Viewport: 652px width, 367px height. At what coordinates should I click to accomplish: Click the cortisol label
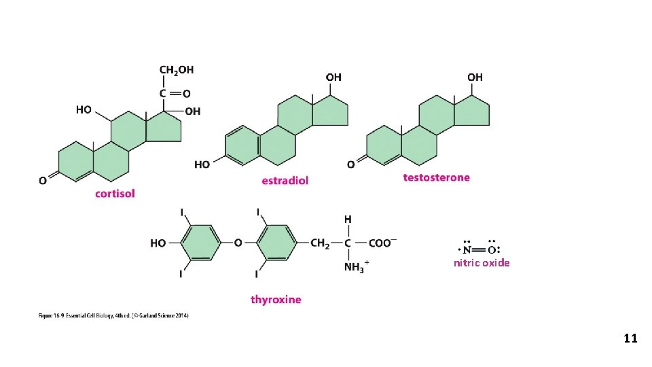tap(115, 193)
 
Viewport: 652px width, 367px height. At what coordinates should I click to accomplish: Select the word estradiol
tap(285, 180)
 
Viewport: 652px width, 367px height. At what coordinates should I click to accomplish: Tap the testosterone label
tap(436, 177)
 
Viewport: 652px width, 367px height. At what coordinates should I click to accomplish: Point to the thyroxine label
tap(276, 299)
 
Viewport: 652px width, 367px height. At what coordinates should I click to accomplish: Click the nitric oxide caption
tap(482, 263)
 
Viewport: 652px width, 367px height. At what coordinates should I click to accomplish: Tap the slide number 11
tap(630, 338)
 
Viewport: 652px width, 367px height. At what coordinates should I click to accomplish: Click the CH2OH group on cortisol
tap(176, 69)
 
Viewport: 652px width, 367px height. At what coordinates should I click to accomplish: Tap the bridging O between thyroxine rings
tap(238, 243)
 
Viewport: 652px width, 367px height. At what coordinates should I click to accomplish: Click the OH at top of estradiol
tap(333, 77)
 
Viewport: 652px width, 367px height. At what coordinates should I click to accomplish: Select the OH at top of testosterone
tap(475, 77)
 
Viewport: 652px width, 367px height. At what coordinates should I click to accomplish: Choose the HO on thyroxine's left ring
tap(158, 243)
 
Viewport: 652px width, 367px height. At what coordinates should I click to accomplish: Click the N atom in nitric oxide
tap(469, 249)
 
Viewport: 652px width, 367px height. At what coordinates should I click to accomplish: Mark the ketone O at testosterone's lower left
tap(350, 164)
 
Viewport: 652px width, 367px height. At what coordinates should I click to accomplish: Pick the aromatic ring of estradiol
tap(242, 145)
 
